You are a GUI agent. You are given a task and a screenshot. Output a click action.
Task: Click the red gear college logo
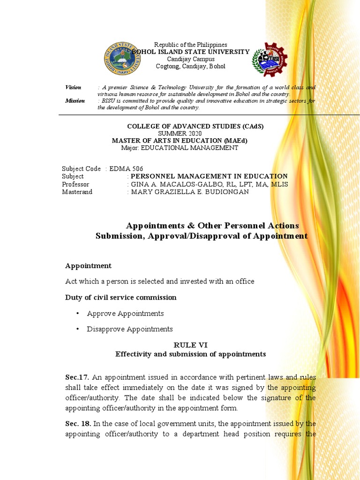[270, 59]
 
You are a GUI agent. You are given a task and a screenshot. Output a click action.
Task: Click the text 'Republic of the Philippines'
[191, 45]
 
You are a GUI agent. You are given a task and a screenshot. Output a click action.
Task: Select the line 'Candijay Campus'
[191, 59]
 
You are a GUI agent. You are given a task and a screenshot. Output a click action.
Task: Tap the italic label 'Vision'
[73, 88]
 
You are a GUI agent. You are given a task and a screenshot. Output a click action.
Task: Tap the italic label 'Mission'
[75, 101]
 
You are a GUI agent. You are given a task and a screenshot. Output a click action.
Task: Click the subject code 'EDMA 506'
[126, 169]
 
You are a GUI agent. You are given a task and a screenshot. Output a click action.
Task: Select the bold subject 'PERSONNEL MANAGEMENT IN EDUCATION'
[209, 176]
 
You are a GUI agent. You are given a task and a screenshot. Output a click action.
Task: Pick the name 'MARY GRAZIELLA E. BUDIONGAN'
[190, 192]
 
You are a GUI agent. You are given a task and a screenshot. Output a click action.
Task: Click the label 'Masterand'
[77, 192]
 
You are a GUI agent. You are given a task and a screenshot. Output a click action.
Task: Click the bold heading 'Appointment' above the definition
[88, 266]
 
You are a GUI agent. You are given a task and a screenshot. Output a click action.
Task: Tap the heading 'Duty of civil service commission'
[120, 297]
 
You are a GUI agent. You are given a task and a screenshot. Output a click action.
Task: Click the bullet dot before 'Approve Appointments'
[77, 314]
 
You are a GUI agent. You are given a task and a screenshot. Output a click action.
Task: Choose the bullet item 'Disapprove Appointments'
[130, 329]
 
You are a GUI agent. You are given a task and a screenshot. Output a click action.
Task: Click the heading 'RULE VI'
[190, 345]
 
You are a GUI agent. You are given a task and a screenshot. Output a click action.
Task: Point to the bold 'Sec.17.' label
[77, 377]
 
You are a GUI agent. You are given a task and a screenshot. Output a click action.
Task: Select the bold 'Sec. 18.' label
[78, 424]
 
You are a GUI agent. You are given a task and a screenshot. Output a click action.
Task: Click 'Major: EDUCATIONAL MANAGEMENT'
[180, 148]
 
